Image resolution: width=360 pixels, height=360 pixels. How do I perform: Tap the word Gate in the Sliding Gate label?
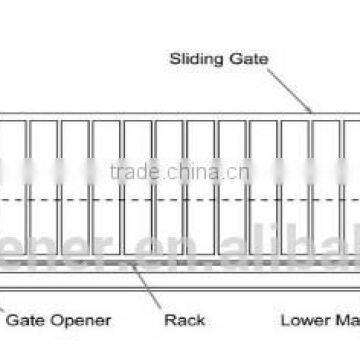[246, 59]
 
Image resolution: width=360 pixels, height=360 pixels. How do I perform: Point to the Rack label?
[184, 320]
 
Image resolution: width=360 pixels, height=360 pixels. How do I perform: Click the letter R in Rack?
[168, 320]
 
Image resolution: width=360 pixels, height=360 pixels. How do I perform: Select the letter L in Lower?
[284, 320]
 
